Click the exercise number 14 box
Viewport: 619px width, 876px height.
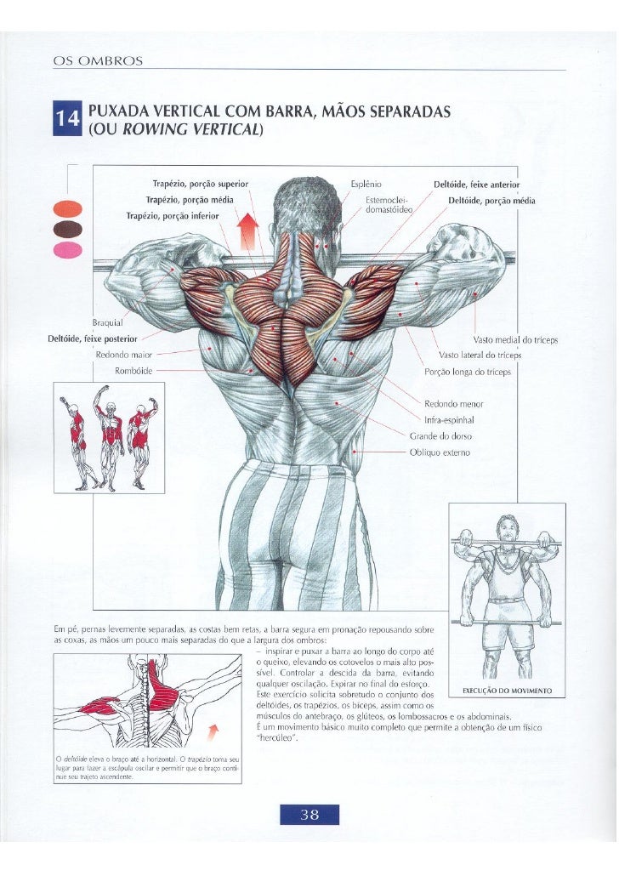click(68, 120)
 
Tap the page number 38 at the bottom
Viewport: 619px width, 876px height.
click(309, 814)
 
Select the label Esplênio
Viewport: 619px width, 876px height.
click(366, 184)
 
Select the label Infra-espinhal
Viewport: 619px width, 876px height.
click(448, 419)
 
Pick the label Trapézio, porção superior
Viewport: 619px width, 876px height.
click(200, 184)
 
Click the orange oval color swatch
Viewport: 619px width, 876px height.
click(67, 208)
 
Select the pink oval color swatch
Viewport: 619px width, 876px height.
click(67, 249)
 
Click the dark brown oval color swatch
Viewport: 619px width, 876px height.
click(67, 229)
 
